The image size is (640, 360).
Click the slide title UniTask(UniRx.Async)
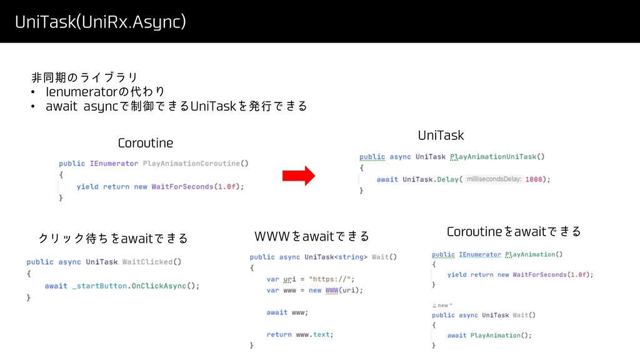pyautogui.click(x=101, y=22)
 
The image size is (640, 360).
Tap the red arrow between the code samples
pyautogui.click(x=299, y=176)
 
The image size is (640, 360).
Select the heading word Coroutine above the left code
pyautogui.click(x=146, y=143)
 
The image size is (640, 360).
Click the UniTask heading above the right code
pyautogui.click(x=441, y=135)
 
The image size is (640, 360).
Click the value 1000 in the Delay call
pyautogui.click(x=534, y=179)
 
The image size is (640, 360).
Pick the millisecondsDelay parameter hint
pyautogui.click(x=494, y=179)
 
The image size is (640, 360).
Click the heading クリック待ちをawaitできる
pyautogui.click(x=113, y=238)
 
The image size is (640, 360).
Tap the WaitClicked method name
pyautogui.click(x=148, y=261)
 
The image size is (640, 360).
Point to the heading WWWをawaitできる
pyautogui.click(x=312, y=236)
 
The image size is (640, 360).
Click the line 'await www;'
pyautogui.click(x=287, y=312)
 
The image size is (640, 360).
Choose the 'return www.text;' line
pyautogui.click(x=300, y=334)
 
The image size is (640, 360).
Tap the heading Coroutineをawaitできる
pyautogui.click(x=514, y=232)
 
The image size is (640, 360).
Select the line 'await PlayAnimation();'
pyautogui.click(x=489, y=335)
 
